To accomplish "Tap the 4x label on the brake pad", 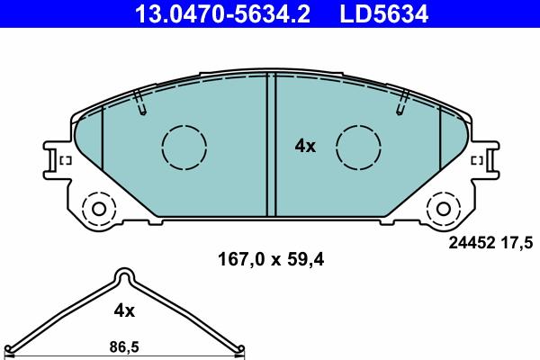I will (306, 146).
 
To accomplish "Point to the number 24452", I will (470, 241).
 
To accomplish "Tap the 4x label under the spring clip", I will (124, 311).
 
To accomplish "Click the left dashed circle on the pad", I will (183, 145).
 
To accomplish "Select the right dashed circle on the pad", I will (358, 145).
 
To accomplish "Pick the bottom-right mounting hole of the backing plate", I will (443, 210).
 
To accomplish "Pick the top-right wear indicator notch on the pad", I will (400, 103).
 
